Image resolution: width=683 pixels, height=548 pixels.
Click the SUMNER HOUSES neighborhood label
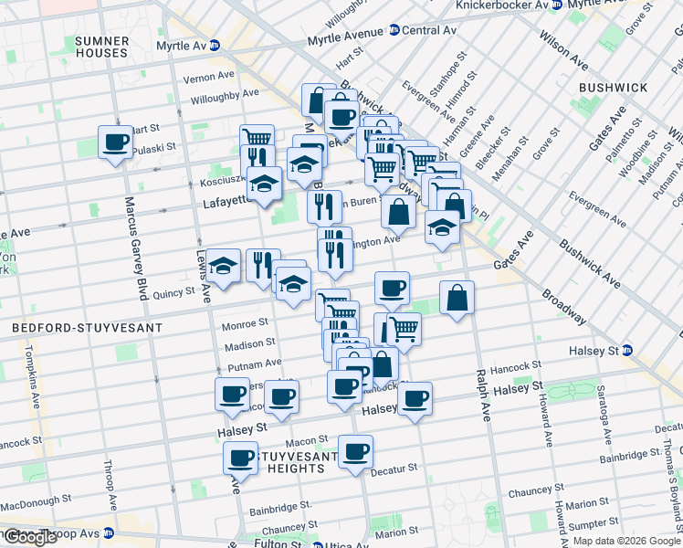pos(101,47)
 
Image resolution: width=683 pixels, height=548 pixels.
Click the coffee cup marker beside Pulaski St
pos(116,142)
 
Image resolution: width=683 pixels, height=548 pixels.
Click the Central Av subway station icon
pos(394,30)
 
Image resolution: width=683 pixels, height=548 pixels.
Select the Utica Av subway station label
pos(348,544)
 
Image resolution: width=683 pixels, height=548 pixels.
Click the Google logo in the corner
pos(30,537)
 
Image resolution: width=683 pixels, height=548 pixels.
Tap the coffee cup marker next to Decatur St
pos(355,450)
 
